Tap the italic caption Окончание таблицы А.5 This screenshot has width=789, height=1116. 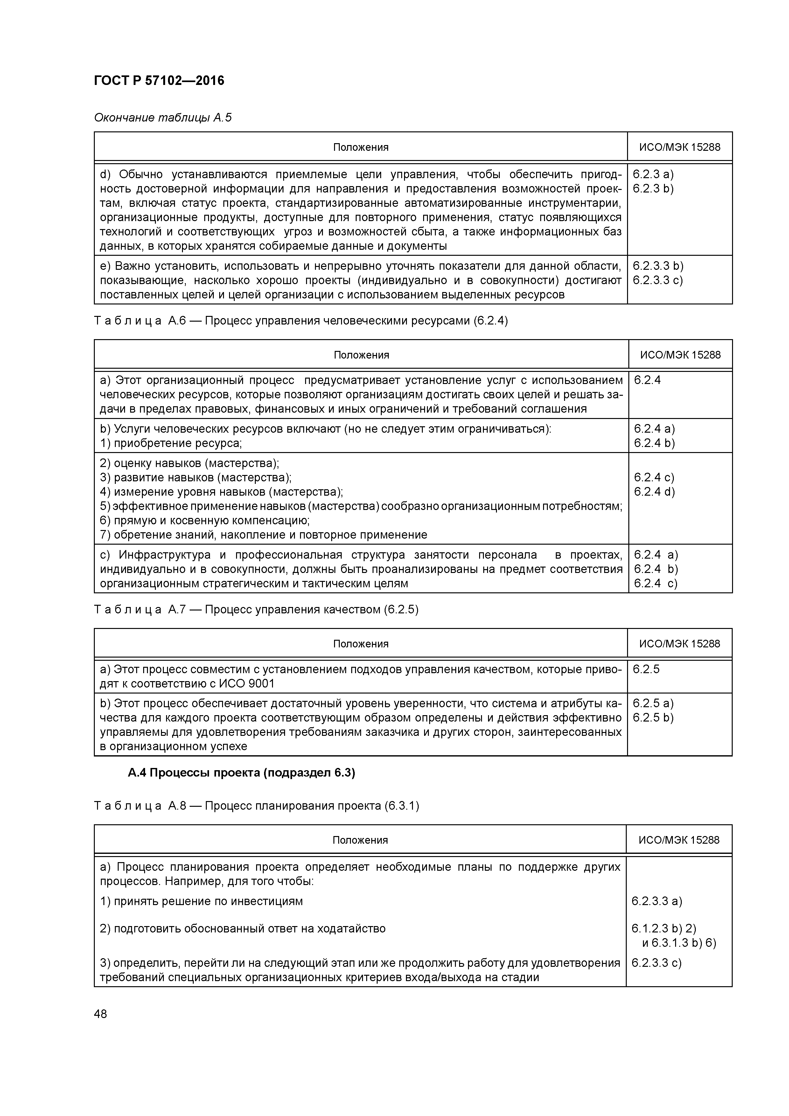(162, 118)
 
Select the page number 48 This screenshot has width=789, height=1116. (101, 1014)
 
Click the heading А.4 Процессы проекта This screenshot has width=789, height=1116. (241, 773)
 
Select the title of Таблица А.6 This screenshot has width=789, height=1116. (300, 321)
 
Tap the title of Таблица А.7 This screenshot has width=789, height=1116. (256, 610)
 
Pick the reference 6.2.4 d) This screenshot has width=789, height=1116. (654, 492)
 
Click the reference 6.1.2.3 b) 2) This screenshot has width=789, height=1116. (664, 928)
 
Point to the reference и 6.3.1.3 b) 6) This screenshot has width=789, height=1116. (679, 943)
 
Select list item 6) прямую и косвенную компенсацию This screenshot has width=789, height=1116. (205, 520)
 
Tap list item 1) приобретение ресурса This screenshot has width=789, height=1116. (171, 443)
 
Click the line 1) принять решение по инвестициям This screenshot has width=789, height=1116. (201, 901)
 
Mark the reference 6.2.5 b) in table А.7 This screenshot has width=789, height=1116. (653, 717)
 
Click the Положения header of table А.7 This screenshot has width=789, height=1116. (361, 644)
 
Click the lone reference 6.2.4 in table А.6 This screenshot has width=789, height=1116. (647, 380)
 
